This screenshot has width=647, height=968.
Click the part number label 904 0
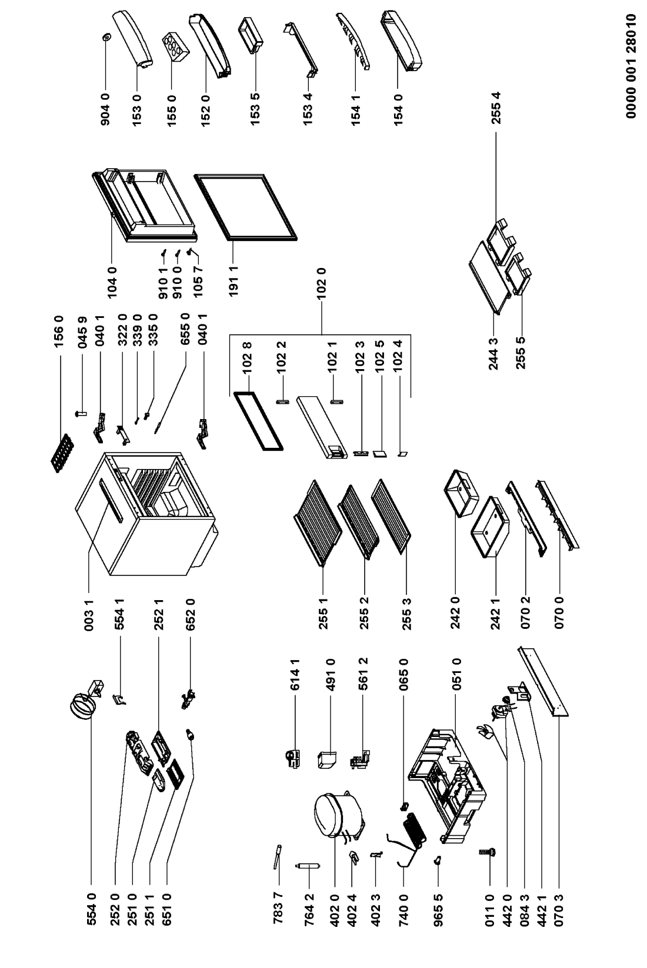coord(106,109)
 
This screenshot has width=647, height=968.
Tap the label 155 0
coord(171,110)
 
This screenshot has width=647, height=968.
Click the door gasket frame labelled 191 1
coord(245,206)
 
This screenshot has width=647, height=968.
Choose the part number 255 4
coord(496,108)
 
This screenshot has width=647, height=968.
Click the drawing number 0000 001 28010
coord(632,66)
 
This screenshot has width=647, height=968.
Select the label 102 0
coord(321,284)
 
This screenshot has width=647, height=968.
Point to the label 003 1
coord(89,615)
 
